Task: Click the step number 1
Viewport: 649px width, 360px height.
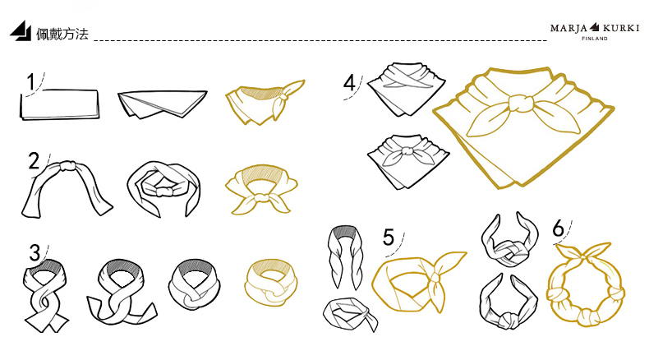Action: [30, 81]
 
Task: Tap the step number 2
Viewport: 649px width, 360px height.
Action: [34, 161]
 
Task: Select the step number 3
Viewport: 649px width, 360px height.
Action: [35, 252]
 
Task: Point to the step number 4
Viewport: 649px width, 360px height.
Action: [349, 82]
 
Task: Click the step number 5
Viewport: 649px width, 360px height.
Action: [389, 237]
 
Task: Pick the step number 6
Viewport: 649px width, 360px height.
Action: [559, 228]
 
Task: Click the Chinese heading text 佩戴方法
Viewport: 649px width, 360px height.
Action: [62, 34]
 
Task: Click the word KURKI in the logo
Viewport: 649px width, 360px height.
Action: [621, 28]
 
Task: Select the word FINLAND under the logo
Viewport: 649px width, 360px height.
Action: [595, 39]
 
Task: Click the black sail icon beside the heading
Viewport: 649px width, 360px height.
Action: [21, 30]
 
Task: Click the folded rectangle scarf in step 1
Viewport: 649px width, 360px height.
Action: [60, 105]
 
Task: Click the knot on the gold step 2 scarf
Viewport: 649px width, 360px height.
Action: [261, 197]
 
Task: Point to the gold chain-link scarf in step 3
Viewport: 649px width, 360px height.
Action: [271, 283]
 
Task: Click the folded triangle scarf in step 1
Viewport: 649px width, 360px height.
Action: [163, 104]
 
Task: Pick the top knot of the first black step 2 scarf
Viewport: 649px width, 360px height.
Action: [67, 167]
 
